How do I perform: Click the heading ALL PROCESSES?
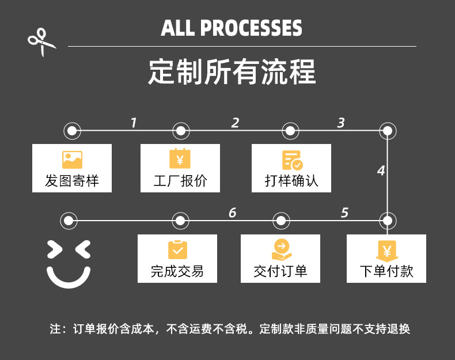232,28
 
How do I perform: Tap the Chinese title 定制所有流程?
232,72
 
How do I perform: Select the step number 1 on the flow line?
134,123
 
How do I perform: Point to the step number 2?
235,123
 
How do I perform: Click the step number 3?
341,123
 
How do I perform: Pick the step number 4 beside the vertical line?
381,171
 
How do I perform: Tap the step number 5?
344,213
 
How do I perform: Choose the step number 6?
232,213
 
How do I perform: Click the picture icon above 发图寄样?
72,160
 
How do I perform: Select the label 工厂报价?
180,181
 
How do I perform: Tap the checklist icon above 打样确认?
291,160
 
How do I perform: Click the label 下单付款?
386,271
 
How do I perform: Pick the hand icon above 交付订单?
281,250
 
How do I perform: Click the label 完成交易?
177,271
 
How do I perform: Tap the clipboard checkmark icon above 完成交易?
177,250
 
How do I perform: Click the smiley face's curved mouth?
69,279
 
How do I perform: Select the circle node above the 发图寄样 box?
71,131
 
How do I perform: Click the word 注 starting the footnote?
55,329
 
